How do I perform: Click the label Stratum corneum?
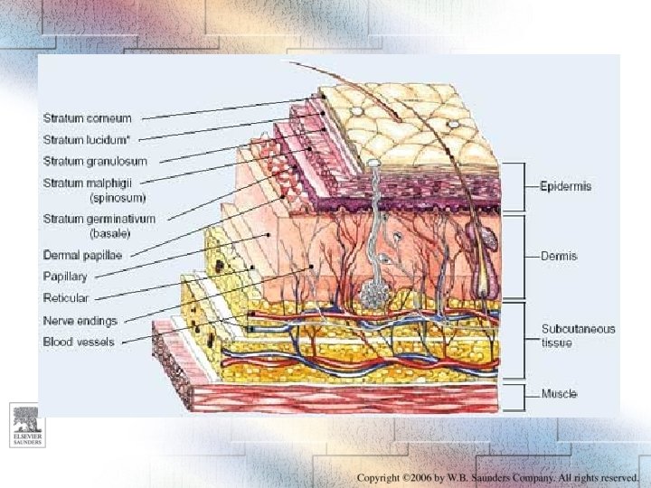pyautogui.click(x=87, y=117)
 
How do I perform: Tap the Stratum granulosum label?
pyautogui.click(x=94, y=161)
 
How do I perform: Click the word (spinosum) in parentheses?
pyautogui.click(x=117, y=196)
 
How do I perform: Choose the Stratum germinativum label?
pyautogui.click(x=99, y=219)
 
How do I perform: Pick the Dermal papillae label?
pyautogui.click(x=84, y=255)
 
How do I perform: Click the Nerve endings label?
pyautogui.click(x=80, y=320)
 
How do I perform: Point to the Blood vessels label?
pyautogui.click(x=79, y=342)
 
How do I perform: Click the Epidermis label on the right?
pyautogui.click(x=566, y=186)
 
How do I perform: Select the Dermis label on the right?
pyautogui.click(x=560, y=256)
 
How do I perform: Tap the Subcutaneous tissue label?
pyautogui.click(x=578, y=335)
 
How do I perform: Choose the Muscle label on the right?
pyautogui.click(x=559, y=394)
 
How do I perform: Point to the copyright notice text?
pyautogui.click(x=497, y=477)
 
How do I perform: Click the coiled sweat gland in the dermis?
pyautogui.click(x=372, y=293)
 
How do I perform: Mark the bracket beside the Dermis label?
pyautogui.click(x=524, y=256)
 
